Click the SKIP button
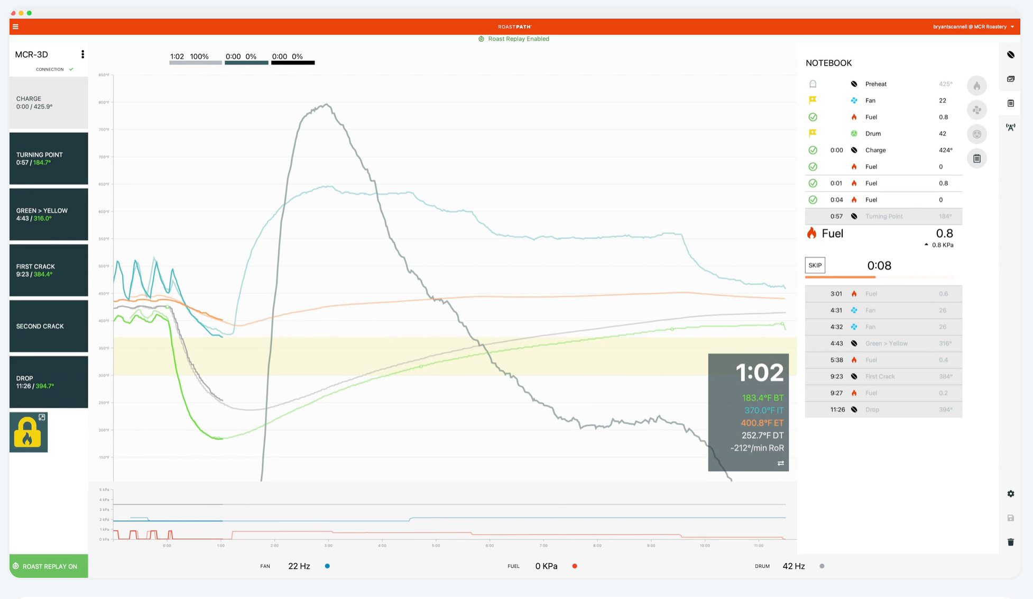pyautogui.click(x=815, y=265)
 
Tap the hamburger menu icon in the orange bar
pyautogui.click(x=15, y=26)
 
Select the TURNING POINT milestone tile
pyautogui.click(x=49, y=158)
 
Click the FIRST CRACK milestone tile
pyautogui.click(x=49, y=270)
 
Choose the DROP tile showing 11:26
pyautogui.click(x=49, y=382)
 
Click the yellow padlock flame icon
pyautogui.click(x=28, y=432)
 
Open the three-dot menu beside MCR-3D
pyautogui.click(x=82, y=55)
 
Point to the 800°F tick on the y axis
pyautogui.click(x=104, y=102)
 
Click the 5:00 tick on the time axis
pyautogui.click(x=436, y=545)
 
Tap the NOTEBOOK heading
pyautogui.click(x=828, y=63)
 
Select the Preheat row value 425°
pyautogui.click(x=945, y=84)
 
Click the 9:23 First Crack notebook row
pyautogui.click(x=883, y=376)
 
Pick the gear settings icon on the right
pyautogui.click(x=1010, y=494)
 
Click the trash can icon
pyautogui.click(x=1010, y=542)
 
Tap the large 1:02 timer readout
pyautogui.click(x=760, y=373)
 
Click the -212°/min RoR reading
pyautogui.click(x=757, y=448)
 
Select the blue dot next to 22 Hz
pyautogui.click(x=327, y=566)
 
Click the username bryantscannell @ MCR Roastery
pyautogui.click(x=970, y=26)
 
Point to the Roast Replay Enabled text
pyautogui.click(x=518, y=39)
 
